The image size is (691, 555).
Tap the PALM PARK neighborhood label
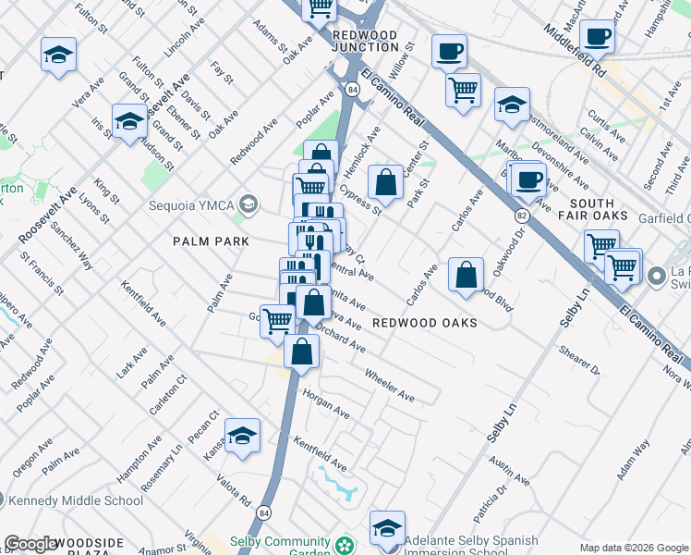tap(211, 241)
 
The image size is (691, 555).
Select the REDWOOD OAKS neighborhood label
tap(425, 323)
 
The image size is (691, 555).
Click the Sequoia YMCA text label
tap(194, 203)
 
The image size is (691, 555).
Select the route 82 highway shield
tap(521, 215)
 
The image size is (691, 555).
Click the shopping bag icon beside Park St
tap(385, 181)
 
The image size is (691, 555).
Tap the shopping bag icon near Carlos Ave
tap(467, 274)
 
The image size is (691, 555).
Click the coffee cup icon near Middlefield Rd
tap(597, 36)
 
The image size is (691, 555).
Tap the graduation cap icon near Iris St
tap(129, 120)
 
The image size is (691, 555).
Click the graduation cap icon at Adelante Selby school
tap(387, 527)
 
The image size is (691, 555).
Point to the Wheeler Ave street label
tap(390, 384)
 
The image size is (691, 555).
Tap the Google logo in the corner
tap(31, 544)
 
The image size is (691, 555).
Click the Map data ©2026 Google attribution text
tap(633, 548)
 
